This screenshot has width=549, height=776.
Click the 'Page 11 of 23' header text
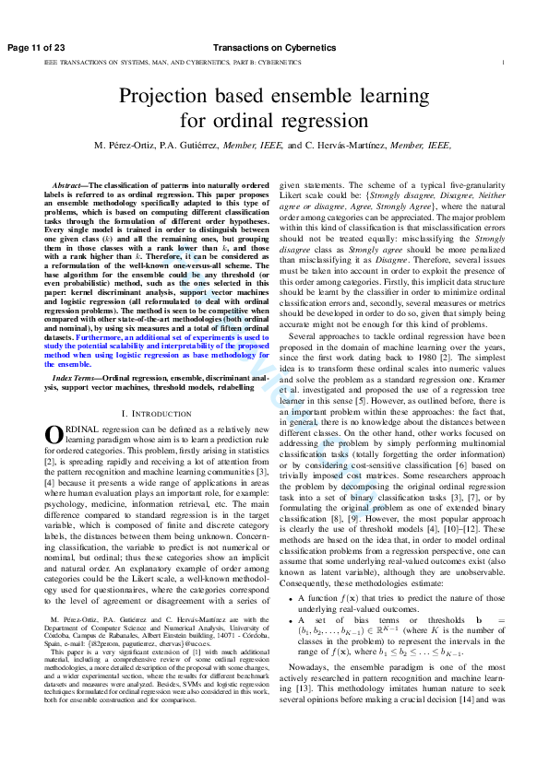click(x=36, y=47)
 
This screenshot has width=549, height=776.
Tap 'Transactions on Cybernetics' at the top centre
click(x=273, y=47)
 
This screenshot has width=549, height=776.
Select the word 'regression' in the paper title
click(x=326, y=121)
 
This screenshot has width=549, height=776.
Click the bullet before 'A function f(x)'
click(x=291, y=624)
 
